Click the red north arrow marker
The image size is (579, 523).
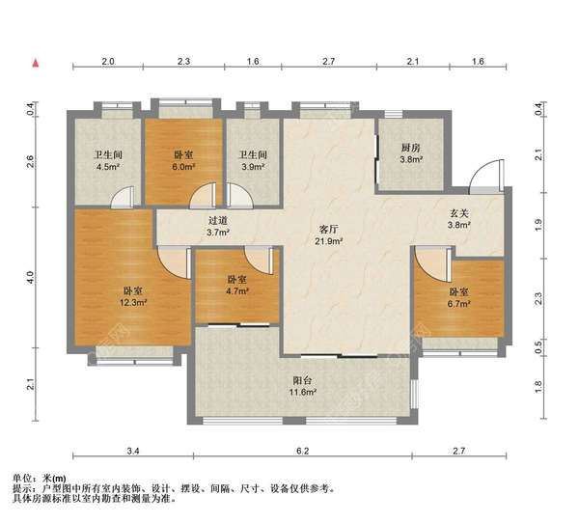36,63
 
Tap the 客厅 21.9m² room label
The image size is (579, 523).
328,235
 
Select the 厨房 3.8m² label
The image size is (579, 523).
411,153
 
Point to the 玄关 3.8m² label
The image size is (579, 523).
458,219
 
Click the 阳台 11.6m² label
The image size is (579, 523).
302,386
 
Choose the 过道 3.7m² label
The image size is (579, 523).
217,226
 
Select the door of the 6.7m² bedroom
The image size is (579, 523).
432,263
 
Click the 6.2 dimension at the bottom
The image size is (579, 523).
302,451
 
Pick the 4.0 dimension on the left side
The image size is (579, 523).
30,277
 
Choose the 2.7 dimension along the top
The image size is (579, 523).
329,62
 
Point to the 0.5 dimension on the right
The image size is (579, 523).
538,347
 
